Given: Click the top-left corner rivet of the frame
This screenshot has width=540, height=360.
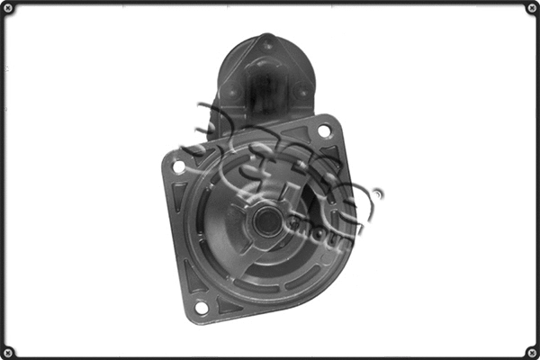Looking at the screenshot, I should coord(7,7).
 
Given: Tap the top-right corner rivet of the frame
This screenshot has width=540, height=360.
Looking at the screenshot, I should coord(532,7).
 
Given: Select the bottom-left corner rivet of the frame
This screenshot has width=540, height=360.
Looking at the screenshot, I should coord(7,352).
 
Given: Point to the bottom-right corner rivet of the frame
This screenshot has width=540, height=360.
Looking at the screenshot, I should coord(532,352).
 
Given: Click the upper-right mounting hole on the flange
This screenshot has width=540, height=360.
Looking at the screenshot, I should coord(324,130).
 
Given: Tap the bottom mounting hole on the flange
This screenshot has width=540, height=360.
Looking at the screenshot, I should coord(201,308).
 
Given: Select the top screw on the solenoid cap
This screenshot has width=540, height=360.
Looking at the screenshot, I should coord(267,41).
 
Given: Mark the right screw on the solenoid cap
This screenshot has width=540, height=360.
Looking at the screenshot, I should coord(302,91).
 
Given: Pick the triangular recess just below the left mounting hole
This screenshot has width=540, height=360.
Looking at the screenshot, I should coord(181,193).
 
